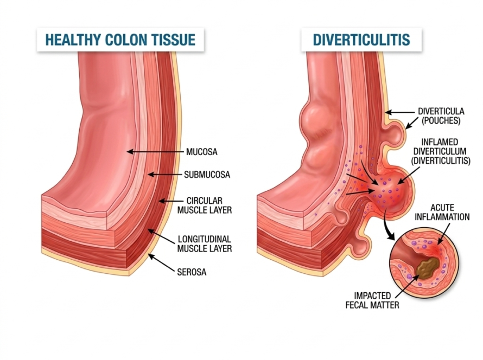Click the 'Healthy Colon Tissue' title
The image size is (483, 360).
click(x=120, y=40)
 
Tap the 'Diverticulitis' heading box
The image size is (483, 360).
click(x=361, y=40)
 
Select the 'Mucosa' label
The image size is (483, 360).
click(x=201, y=152)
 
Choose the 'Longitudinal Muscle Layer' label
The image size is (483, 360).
click(x=205, y=243)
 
